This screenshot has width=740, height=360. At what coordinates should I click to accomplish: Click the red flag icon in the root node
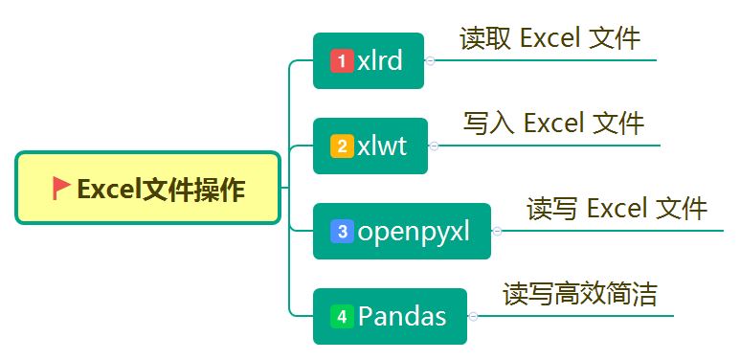point(62,188)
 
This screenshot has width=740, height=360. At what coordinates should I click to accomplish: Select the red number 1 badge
point(342,61)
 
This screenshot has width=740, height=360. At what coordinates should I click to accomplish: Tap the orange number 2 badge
point(342,146)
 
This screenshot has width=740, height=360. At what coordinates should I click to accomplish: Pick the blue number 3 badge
point(342,232)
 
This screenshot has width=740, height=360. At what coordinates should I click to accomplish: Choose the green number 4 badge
point(342,316)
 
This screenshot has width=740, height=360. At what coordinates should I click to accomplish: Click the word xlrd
point(380,61)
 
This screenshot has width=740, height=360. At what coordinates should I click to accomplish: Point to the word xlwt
point(382,146)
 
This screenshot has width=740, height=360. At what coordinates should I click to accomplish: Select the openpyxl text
point(414,232)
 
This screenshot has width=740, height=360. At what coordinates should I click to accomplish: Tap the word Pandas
point(402,316)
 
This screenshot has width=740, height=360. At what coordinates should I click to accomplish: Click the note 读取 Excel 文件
point(549,38)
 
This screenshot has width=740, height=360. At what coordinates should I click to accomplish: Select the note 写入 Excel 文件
point(553,124)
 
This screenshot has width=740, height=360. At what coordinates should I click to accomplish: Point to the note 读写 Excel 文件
point(617,209)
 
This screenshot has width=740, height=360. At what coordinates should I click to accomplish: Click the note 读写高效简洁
point(580,294)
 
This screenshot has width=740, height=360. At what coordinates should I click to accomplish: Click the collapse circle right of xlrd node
point(430,60)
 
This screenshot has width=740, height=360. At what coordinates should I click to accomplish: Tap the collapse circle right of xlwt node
point(434,146)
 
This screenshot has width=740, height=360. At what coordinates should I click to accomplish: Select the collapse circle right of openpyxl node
point(497,231)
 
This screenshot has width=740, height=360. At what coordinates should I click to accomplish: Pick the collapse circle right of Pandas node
point(473,316)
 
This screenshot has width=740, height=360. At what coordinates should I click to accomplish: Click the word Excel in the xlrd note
point(550,38)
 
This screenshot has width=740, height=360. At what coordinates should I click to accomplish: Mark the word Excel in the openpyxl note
point(617,209)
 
